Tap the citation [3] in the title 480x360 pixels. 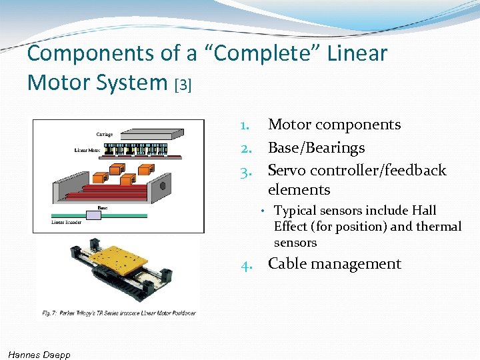(x=183, y=85)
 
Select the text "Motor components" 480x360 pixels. (x=334, y=125)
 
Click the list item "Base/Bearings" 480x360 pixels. (x=316, y=147)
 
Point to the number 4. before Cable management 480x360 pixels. (x=247, y=264)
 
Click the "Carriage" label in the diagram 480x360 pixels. (x=105, y=135)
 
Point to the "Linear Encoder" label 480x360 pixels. (x=67, y=222)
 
